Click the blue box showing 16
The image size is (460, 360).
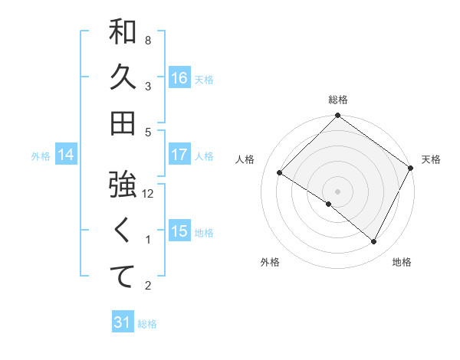179,78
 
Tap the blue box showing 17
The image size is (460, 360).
179,155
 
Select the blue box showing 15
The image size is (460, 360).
179,231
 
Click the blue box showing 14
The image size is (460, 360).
66,155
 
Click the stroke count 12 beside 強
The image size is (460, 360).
149,193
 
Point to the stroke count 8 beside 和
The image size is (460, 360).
148,40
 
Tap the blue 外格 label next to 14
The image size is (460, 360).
41,156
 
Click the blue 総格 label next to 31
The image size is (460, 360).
147,324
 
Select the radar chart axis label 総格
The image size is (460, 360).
338,100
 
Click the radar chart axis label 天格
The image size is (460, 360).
431,159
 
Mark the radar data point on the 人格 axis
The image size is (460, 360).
280,172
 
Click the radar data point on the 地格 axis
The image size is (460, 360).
374,242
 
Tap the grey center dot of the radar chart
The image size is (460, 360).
337,191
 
